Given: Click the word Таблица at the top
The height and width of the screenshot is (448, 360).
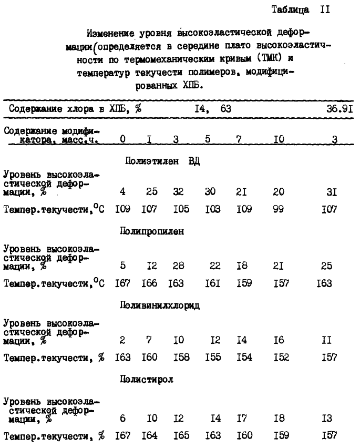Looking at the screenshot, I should (x=289, y=10).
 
